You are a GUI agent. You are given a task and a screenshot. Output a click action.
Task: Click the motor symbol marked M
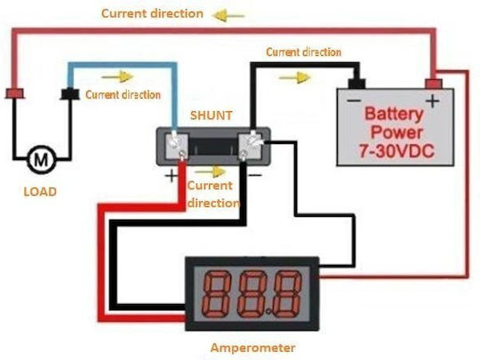click(x=41, y=159)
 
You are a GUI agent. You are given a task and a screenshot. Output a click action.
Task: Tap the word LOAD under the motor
click(x=40, y=192)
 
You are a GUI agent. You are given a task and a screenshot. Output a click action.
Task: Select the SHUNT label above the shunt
click(x=212, y=116)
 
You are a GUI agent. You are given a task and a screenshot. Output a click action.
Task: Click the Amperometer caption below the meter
click(x=252, y=348)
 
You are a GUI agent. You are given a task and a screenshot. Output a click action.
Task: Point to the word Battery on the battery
click(x=394, y=114)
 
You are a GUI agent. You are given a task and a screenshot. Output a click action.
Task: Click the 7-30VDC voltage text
click(x=396, y=151)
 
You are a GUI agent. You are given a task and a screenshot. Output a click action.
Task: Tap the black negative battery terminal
click(x=356, y=84)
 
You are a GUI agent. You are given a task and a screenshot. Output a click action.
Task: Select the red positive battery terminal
click(x=434, y=84)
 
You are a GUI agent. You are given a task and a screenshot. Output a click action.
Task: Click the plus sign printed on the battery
click(x=433, y=100)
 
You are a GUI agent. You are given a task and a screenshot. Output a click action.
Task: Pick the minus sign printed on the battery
click(x=354, y=100)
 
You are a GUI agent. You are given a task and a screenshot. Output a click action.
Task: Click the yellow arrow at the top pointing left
click(x=228, y=15)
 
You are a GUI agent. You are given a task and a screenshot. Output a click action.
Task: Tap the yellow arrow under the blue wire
click(x=118, y=76)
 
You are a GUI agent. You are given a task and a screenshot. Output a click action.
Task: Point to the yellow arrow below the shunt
click(x=211, y=172)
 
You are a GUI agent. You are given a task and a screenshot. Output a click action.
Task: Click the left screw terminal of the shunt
click(x=176, y=145)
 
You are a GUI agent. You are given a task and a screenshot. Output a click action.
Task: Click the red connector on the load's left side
click(x=15, y=93)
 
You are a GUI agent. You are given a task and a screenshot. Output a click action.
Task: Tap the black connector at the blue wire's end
click(x=70, y=94)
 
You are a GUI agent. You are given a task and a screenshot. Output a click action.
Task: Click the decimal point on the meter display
click(x=268, y=312)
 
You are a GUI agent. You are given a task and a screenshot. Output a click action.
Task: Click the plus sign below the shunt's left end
click(x=172, y=176)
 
